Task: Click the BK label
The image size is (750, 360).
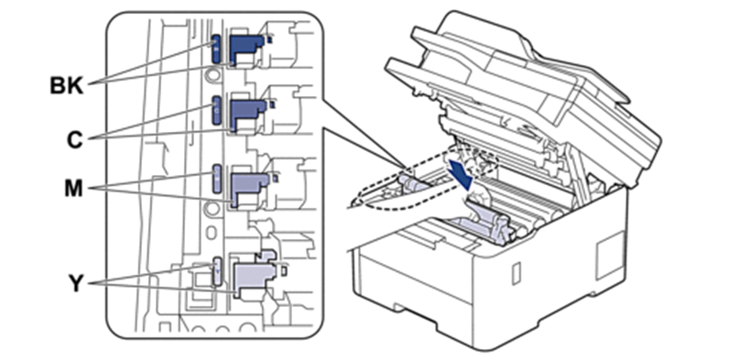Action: [x=67, y=87]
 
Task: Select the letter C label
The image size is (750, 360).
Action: [x=74, y=140]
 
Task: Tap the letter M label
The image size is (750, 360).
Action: [x=73, y=189]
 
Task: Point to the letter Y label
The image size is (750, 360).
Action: [x=76, y=284]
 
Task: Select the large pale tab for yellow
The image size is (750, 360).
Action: [x=254, y=277]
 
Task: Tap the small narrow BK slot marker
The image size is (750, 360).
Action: [x=215, y=49]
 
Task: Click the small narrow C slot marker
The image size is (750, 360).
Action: [x=216, y=111]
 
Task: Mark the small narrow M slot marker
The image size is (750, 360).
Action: [x=217, y=178]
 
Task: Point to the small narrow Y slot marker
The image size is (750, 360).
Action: [x=217, y=271]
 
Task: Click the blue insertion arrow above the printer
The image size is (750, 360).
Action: [x=462, y=175]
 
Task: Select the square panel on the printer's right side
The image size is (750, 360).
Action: [x=610, y=256]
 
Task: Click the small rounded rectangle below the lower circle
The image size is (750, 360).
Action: [x=212, y=231]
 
